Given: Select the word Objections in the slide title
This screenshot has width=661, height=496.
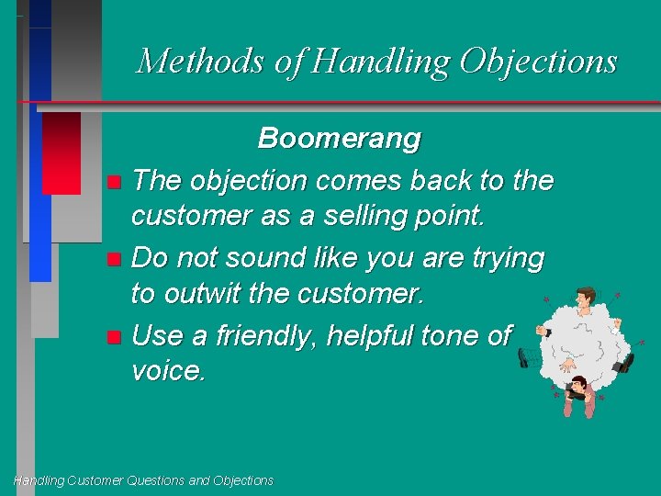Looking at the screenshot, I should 538,62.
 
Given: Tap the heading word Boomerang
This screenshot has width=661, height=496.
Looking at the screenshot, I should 339,139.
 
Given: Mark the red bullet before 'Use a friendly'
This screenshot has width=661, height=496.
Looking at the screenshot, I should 112,337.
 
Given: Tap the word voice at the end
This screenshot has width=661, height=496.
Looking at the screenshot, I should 169,371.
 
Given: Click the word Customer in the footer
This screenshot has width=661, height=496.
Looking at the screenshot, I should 93,480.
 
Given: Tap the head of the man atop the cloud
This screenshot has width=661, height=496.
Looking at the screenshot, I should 584,299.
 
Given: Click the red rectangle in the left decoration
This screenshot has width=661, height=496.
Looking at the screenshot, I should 62,152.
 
